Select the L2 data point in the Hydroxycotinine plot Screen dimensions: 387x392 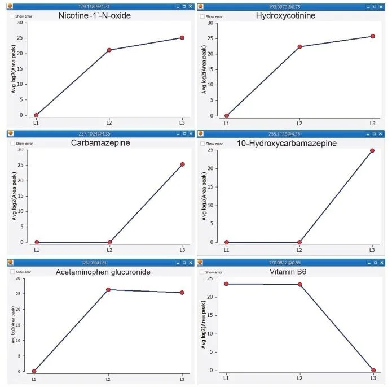pyautogui.click(x=299, y=47)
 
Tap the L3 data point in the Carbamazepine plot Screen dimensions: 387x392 pyautogui.click(x=182, y=164)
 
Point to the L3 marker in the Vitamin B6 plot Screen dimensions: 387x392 pyautogui.click(x=373, y=370)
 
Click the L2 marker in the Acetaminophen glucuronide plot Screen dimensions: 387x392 pyautogui.click(x=108, y=290)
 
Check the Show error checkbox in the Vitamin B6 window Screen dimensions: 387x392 pyautogui.click(x=201, y=272)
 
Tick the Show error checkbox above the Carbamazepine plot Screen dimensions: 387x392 pyautogui.click(x=12, y=144)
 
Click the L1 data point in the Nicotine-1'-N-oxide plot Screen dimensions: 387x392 pyautogui.click(x=36, y=115)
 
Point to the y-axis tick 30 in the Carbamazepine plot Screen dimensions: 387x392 pyautogui.click(x=22, y=150)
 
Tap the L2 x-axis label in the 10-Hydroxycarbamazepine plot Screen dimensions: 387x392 pyautogui.click(x=299, y=250)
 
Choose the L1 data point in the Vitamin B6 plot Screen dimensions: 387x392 pyautogui.click(x=226, y=284)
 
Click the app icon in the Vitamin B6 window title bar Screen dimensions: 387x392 pyautogui.click(x=201, y=263)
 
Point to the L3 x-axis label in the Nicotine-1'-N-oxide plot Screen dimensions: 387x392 pyautogui.click(x=182, y=123)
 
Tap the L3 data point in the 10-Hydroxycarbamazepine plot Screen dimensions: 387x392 pyautogui.click(x=372, y=151)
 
